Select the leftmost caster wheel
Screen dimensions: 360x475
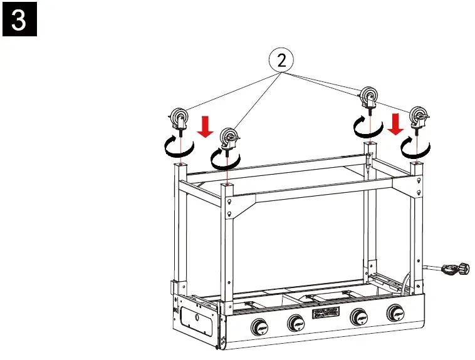(x=179, y=118)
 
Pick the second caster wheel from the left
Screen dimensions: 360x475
(x=229, y=138)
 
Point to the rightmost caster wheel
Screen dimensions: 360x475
(x=419, y=117)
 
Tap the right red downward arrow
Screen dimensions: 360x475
(x=395, y=123)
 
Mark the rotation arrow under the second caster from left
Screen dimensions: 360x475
(x=226, y=158)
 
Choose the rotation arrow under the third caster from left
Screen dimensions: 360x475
(x=368, y=128)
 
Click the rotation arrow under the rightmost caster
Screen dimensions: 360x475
(x=415, y=147)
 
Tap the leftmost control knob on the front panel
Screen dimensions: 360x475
(x=260, y=326)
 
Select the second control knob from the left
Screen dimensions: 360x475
(x=296, y=324)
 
